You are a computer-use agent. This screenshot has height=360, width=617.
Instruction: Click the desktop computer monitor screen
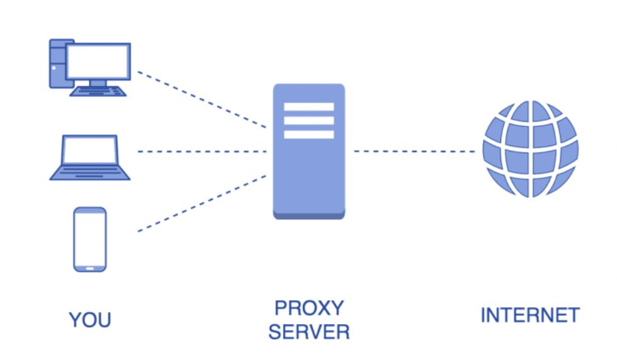[98, 61]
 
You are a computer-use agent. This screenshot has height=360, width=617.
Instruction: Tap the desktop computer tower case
[57, 63]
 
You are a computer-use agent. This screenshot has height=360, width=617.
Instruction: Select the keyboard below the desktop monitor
[98, 91]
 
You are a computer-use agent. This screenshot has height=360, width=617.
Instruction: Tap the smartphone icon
[90, 239]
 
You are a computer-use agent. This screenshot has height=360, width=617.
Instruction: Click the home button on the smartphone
[90, 267]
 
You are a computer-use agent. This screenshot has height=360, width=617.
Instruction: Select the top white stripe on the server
[309, 107]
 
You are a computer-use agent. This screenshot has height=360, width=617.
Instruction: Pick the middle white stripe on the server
[309, 120]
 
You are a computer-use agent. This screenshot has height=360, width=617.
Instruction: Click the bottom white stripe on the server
[309, 134]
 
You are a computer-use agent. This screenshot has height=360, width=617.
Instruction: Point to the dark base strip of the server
[309, 216]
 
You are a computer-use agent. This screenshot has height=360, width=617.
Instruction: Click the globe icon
[530, 149]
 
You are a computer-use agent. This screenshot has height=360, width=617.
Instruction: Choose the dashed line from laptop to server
[202, 151]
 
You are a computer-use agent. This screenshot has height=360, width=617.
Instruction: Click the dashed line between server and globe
[414, 151]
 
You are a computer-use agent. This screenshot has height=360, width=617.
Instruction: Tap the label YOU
[90, 320]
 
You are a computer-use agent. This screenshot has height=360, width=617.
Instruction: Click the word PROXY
[309, 308]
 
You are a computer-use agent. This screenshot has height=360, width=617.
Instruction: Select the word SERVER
[309, 331]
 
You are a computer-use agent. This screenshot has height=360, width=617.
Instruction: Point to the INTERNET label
[529, 315]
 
